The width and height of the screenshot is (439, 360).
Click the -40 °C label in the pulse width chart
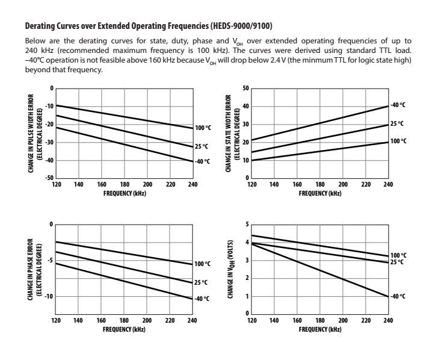[202, 162]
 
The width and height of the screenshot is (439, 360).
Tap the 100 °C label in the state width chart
[398, 141]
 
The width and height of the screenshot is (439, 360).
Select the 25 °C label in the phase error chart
[201, 282]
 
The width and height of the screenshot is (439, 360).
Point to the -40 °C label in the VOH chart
[398, 296]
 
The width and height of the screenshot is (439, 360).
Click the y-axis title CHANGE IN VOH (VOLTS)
[230, 269]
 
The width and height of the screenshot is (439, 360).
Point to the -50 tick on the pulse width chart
[51, 179]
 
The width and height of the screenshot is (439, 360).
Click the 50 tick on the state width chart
[245, 88]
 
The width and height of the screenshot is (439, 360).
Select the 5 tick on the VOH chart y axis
[247, 225]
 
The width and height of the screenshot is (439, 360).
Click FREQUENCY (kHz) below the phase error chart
[124, 329]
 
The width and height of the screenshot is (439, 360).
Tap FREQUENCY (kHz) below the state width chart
[320, 193]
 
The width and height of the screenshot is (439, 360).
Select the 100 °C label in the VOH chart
[398, 255]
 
